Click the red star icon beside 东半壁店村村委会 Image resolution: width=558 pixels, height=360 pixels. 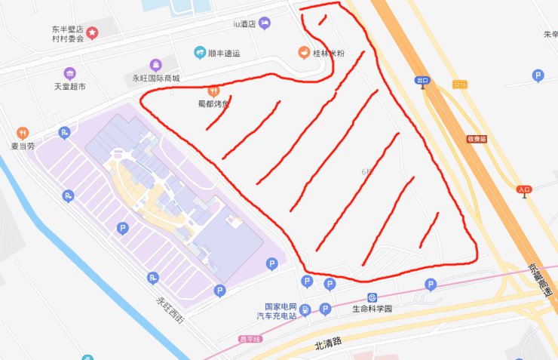(92, 32)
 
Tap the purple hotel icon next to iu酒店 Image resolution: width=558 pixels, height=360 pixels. (265, 24)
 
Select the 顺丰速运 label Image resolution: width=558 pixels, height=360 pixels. (223, 54)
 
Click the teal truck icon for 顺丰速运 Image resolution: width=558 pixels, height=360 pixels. (200, 53)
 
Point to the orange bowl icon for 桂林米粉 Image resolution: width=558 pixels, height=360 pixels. (302, 53)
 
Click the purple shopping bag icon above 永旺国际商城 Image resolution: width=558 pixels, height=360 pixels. (156, 65)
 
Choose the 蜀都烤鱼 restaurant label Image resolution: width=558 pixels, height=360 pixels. (213, 104)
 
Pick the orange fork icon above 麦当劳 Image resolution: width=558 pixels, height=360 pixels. (22, 133)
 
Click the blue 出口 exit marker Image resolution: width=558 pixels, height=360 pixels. (422, 80)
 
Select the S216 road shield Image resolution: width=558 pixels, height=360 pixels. (461, 84)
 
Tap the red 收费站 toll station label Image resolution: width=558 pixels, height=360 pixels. (477, 139)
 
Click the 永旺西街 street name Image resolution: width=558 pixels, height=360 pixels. (169, 310)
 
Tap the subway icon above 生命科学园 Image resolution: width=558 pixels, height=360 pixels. (372, 297)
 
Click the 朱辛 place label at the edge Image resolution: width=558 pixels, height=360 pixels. (550, 35)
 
